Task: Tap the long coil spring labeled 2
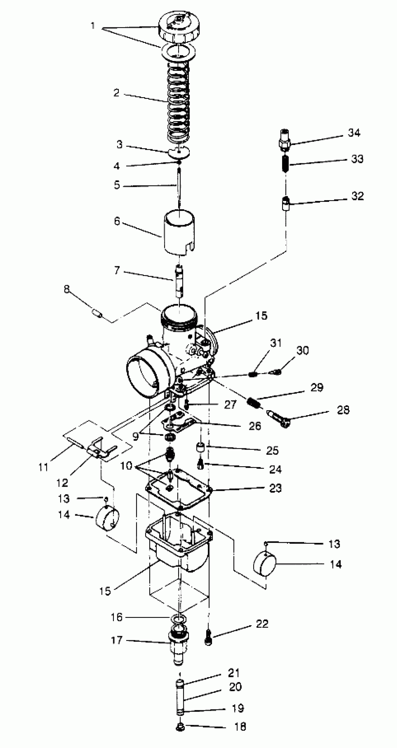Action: click(x=178, y=102)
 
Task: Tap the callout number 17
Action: click(x=117, y=640)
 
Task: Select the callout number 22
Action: click(x=262, y=624)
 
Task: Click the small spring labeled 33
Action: click(x=286, y=164)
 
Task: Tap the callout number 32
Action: click(x=358, y=196)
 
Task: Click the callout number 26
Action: click(x=255, y=426)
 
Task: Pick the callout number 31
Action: click(x=276, y=343)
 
